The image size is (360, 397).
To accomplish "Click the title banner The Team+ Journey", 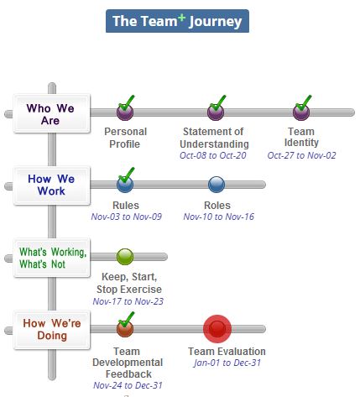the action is click(177, 21).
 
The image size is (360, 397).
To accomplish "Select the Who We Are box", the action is click(52, 113).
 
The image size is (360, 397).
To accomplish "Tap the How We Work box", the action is click(52, 185).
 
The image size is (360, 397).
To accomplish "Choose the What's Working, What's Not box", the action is click(52, 258).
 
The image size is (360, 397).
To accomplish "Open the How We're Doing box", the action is click(52, 330).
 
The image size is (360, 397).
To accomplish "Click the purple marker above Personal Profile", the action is click(125, 112).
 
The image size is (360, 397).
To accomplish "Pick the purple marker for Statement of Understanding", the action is click(216, 112).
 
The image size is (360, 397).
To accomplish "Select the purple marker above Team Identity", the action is click(301, 112).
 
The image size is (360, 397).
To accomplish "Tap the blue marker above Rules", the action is click(125, 185).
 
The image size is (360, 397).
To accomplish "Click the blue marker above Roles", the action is click(217, 185).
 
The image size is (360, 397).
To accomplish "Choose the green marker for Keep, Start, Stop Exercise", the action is click(125, 257).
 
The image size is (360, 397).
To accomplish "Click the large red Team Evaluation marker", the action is click(217, 329).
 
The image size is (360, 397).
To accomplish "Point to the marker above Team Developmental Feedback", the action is click(125, 329).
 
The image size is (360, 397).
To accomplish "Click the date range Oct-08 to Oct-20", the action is click(213, 155).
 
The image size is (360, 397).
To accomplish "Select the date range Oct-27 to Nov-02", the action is click(301, 155).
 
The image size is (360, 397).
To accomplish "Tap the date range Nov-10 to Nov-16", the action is click(219, 217).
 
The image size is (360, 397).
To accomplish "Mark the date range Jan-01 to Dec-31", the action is click(227, 363).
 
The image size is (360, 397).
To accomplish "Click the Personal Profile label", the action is click(125, 138).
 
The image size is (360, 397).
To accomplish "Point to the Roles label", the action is click(217, 206).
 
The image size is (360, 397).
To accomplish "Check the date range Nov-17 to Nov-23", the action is click(128, 301).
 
